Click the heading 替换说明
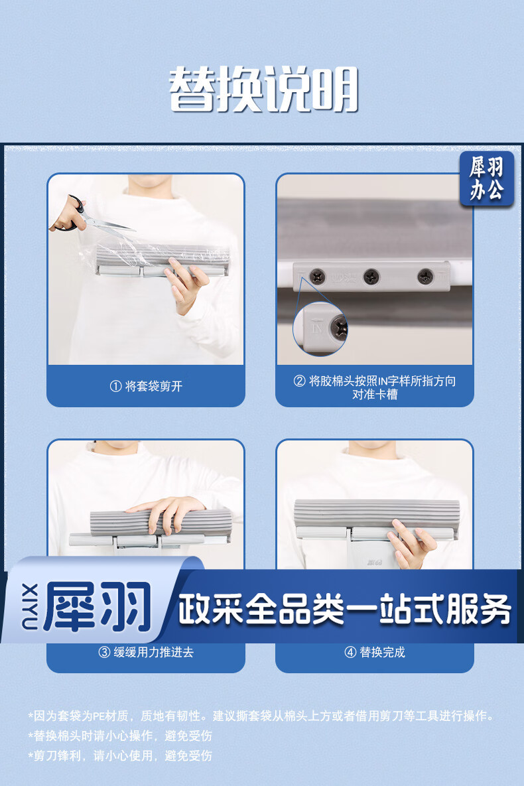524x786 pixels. point(263,90)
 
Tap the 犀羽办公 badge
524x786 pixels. point(486,179)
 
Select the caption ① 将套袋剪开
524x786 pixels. point(146,386)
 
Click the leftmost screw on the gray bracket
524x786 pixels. point(318,276)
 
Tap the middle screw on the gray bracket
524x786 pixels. point(371,276)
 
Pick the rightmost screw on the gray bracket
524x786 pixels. point(425,276)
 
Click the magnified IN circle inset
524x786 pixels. point(320,329)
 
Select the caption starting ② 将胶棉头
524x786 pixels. point(375,387)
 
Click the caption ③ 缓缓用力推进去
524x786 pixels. point(146,652)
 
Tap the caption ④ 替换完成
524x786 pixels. point(375,652)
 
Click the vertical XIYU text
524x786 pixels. point(30,606)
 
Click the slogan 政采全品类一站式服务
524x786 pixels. point(344,609)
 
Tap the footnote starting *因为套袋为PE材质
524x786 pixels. point(261,716)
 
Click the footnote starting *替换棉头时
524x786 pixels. point(120,736)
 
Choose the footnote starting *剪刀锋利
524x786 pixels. point(120,755)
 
